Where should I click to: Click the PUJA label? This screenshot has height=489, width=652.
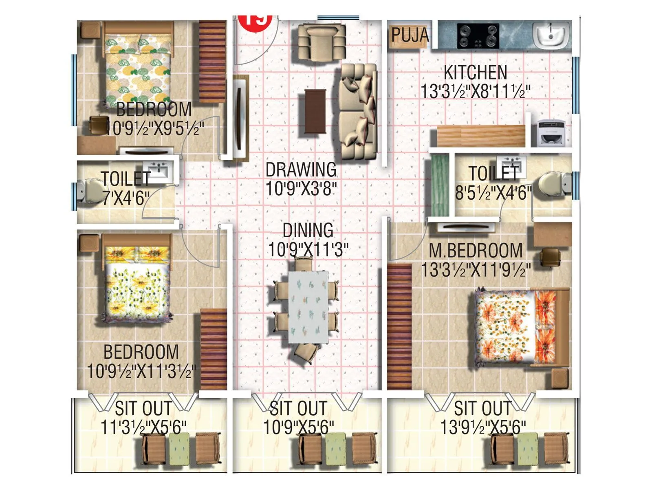(x=410, y=35)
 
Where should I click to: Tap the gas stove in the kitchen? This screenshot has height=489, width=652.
(x=478, y=35)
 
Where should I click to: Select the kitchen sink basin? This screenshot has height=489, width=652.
(x=551, y=34)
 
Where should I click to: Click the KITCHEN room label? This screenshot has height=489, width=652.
(x=475, y=73)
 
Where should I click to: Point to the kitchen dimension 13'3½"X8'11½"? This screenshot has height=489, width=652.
(x=475, y=91)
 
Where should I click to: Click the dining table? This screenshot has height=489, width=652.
(x=308, y=306)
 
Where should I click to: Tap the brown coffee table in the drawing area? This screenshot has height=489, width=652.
(x=315, y=111)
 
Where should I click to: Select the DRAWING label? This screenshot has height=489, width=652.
(x=301, y=170)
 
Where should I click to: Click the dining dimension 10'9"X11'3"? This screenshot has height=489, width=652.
(x=308, y=249)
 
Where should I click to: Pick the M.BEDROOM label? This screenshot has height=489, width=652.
(x=476, y=251)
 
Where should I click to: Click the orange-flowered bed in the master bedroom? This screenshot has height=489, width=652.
(x=522, y=326)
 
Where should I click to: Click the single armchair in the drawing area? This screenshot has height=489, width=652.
(x=322, y=41)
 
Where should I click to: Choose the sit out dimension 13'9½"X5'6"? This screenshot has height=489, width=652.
(x=483, y=427)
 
